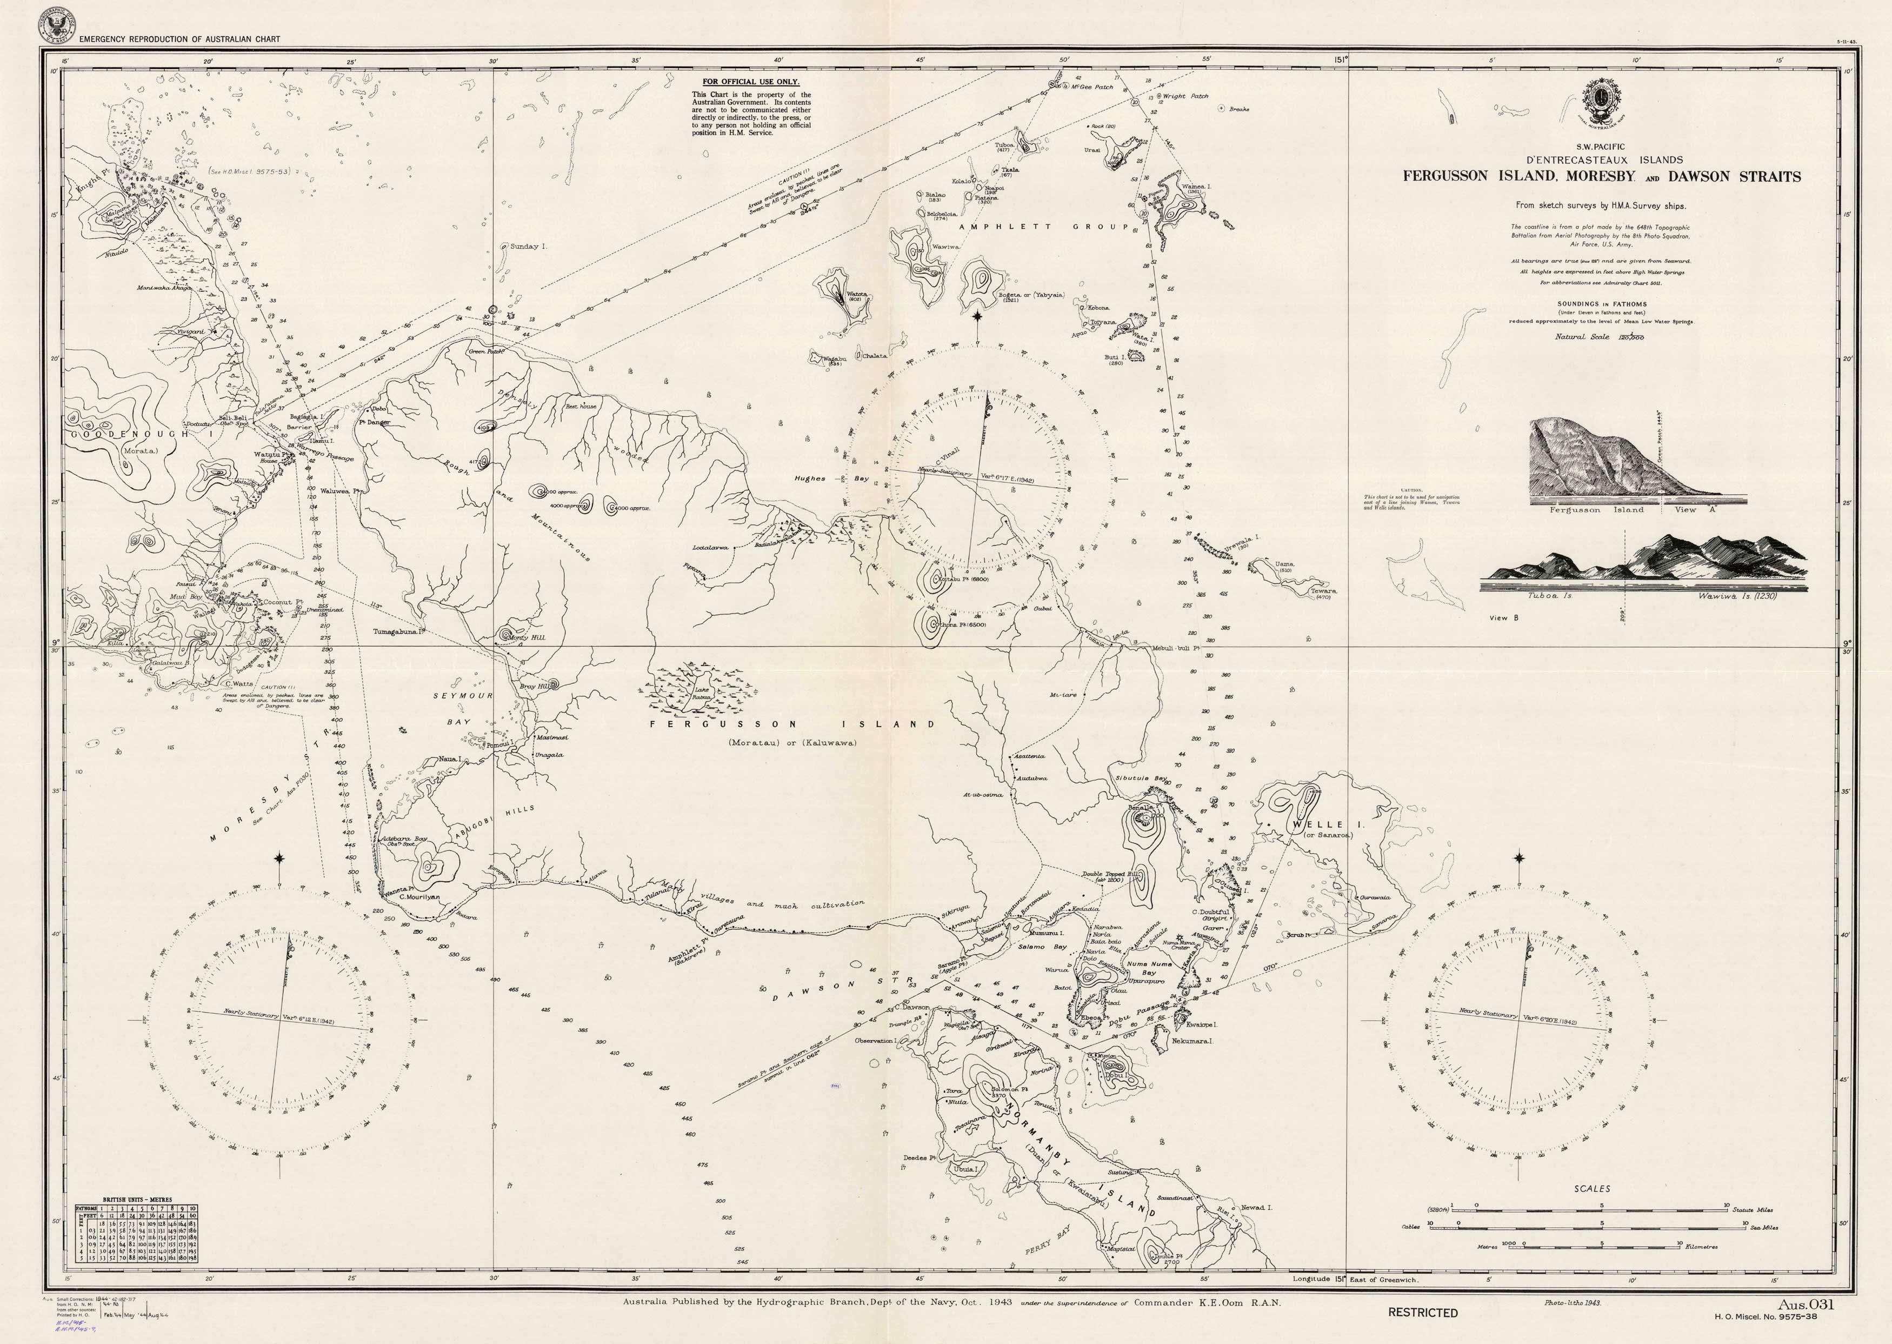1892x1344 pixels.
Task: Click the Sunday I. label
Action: coord(528,247)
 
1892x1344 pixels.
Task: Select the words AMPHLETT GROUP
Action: coord(1044,226)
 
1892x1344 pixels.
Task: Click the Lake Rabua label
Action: coord(702,694)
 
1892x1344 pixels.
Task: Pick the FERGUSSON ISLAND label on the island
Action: coord(792,724)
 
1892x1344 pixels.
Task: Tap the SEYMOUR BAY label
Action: coord(463,708)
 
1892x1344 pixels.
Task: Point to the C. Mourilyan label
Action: coord(419,896)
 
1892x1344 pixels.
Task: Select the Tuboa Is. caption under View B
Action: coord(1549,595)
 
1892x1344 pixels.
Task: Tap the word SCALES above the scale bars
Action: coord(1591,1188)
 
